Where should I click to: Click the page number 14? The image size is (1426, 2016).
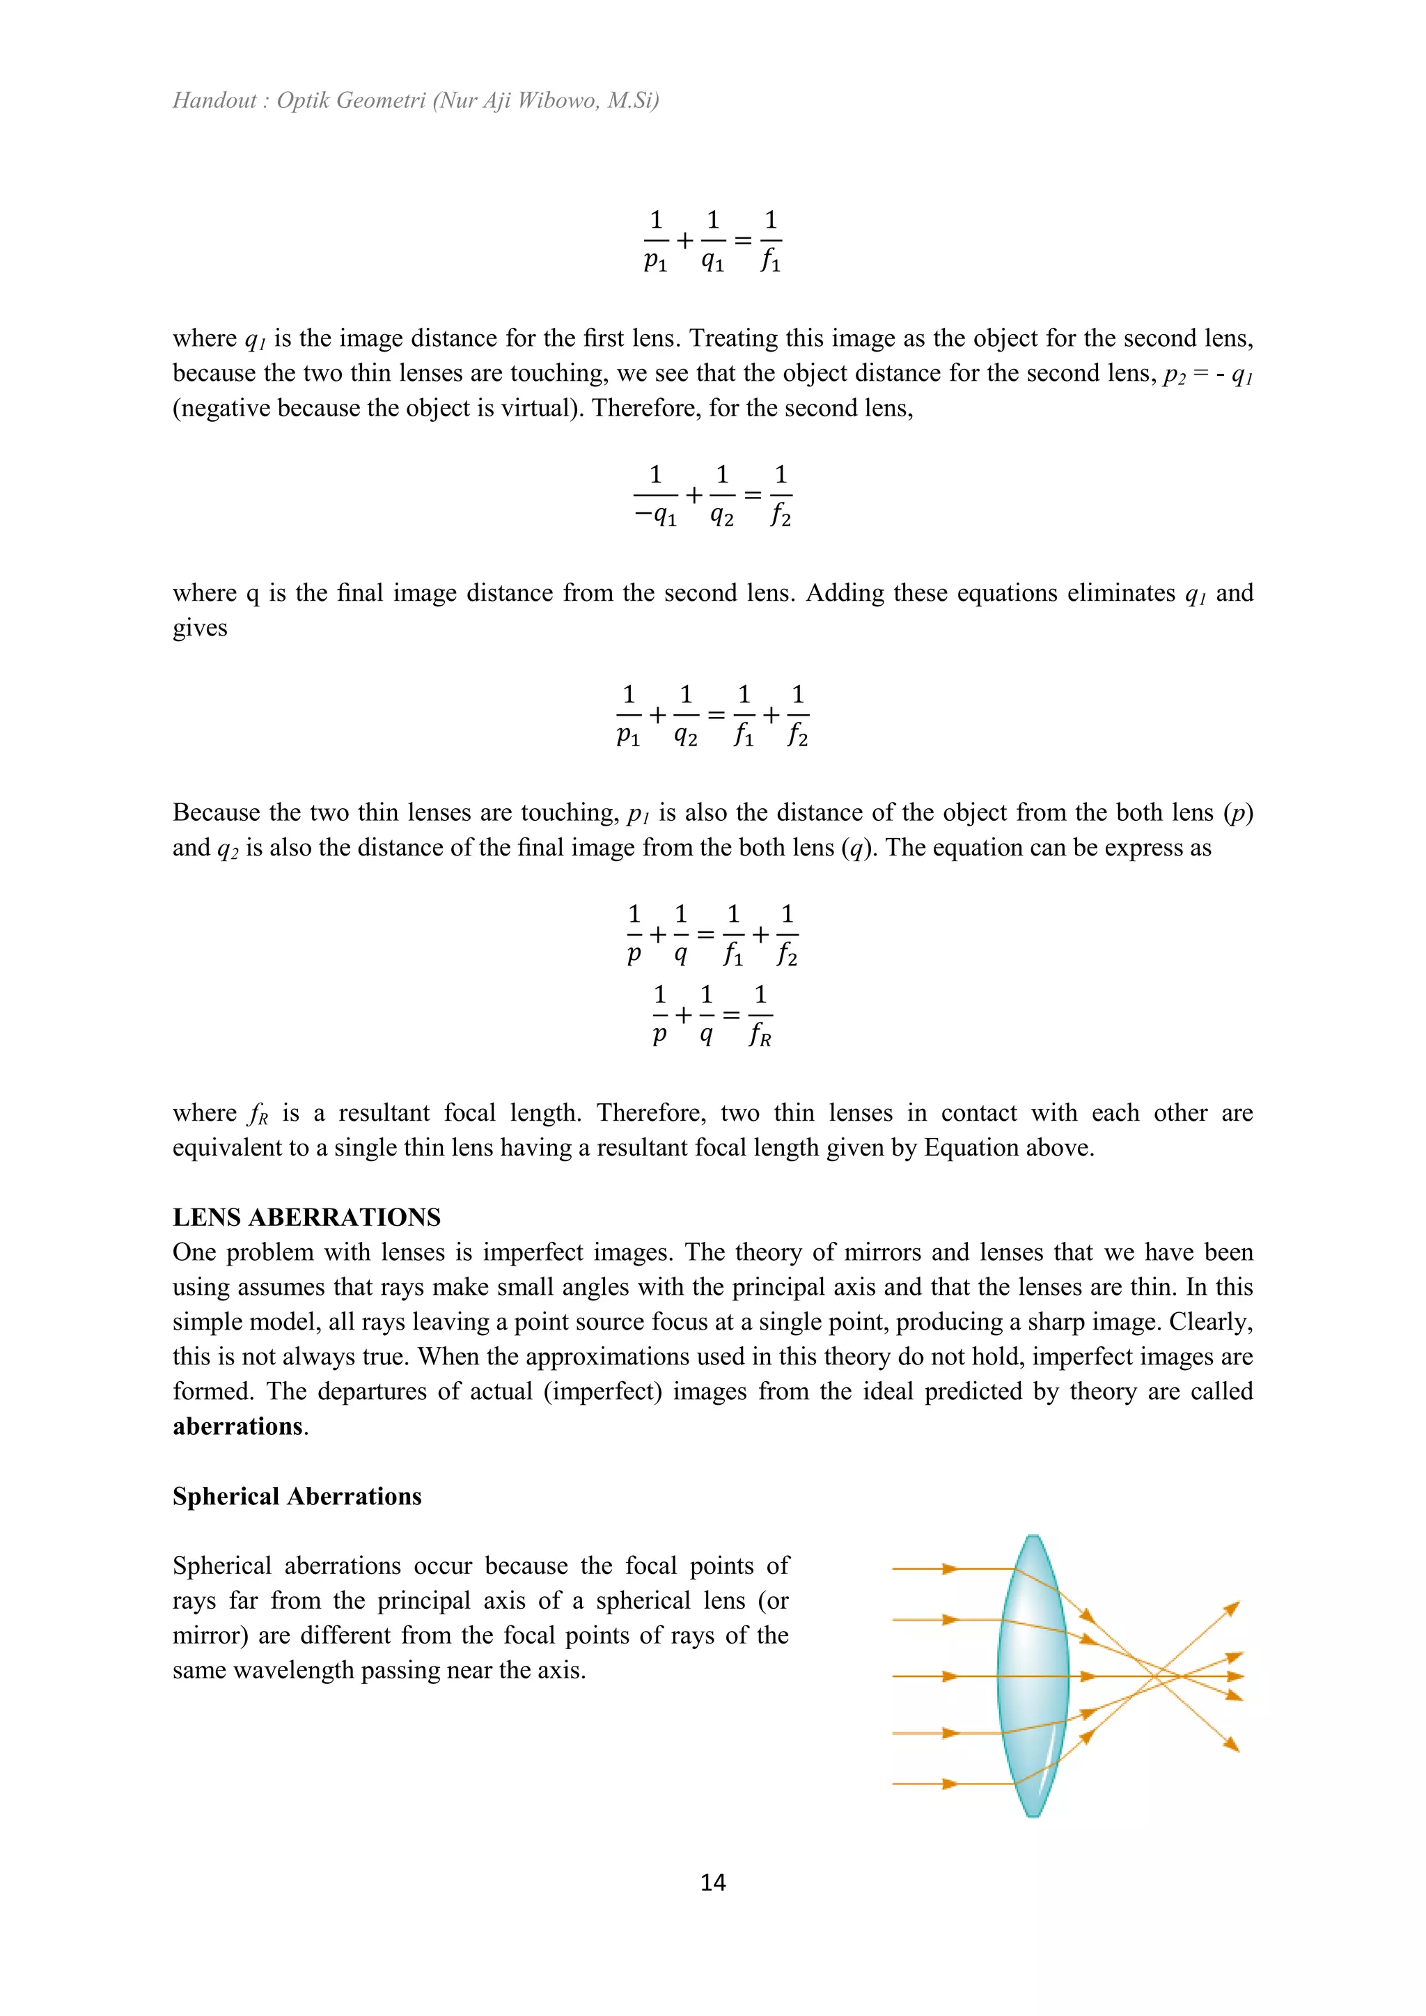tap(712, 1882)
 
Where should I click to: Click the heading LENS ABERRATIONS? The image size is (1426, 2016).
tap(306, 1217)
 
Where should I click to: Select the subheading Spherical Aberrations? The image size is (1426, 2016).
tap(297, 1496)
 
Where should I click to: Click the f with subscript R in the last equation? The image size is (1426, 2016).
tap(760, 1036)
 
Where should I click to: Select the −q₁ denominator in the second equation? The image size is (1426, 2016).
tap(655, 517)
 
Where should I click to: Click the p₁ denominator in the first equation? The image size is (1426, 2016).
tap(655, 262)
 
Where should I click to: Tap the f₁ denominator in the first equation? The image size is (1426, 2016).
tap(770, 262)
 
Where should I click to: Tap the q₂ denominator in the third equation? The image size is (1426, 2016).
tap(685, 737)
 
